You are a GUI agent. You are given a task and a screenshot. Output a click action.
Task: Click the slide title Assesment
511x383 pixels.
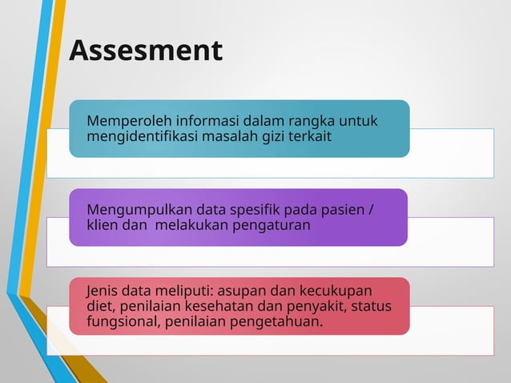[145, 50]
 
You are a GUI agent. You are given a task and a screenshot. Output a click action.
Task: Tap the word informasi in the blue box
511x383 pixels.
[194, 121]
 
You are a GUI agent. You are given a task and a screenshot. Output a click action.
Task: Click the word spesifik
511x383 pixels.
[243, 210]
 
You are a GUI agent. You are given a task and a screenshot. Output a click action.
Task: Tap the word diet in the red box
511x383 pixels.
[99, 307]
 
